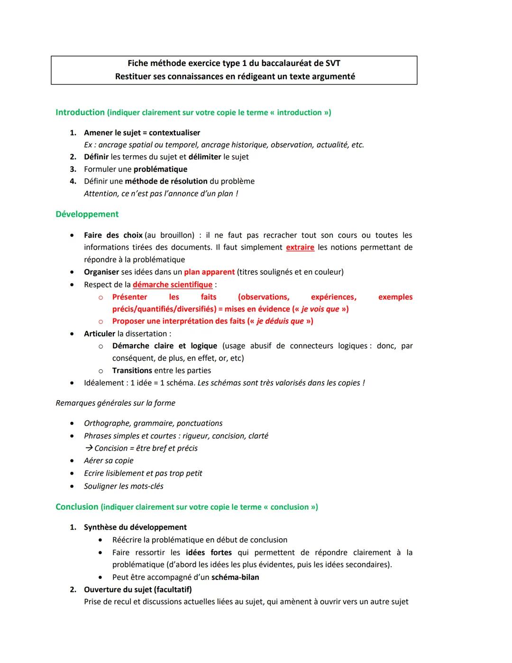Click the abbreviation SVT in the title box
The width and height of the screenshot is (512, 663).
(332, 63)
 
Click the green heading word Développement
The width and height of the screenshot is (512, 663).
(87, 214)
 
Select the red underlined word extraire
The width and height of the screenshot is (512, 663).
(300, 247)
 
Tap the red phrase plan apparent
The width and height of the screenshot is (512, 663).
(209, 272)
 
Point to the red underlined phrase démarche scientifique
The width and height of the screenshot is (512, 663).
(173, 284)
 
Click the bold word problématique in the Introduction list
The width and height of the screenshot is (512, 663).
(160, 169)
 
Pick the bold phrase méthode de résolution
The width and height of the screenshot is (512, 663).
(166, 181)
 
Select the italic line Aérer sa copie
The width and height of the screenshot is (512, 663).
(109, 460)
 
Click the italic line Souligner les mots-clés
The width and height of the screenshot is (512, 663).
(123, 486)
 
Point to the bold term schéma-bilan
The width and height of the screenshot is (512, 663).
(235, 577)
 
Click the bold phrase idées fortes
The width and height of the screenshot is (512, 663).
(209, 552)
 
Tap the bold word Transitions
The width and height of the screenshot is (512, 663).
(132, 371)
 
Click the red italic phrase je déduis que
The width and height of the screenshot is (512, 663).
(280, 321)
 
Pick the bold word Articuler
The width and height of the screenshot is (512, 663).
(100, 334)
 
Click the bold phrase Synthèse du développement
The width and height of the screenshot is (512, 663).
(135, 527)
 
